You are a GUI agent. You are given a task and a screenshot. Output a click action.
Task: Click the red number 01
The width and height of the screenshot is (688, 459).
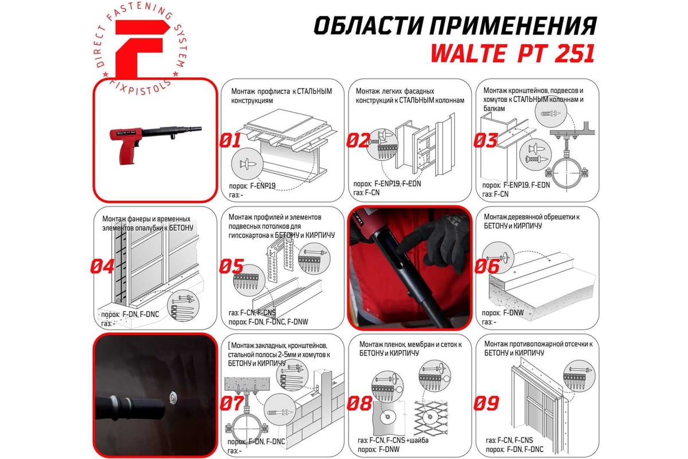(x=230, y=141)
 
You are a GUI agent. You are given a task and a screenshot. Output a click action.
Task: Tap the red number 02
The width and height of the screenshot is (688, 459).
(x=358, y=141)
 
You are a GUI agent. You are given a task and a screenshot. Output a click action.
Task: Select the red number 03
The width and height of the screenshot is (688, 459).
(x=485, y=141)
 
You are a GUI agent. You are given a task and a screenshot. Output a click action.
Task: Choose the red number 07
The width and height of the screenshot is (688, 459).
(x=232, y=403)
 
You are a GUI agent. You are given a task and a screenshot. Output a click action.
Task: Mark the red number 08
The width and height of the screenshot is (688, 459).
(x=359, y=403)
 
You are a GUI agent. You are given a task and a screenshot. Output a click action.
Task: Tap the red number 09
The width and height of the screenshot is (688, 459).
(x=486, y=403)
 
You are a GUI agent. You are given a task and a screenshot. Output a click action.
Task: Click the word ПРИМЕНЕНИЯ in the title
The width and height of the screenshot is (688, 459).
(x=513, y=26)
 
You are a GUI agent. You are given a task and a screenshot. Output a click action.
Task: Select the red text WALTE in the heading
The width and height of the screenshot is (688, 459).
(x=468, y=54)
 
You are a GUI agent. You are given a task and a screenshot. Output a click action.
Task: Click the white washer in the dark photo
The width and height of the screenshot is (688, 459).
(x=174, y=398)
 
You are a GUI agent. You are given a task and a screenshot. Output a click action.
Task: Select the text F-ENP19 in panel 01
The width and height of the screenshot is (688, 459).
(x=263, y=186)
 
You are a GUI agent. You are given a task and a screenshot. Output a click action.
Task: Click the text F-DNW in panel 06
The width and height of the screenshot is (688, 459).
(x=513, y=313)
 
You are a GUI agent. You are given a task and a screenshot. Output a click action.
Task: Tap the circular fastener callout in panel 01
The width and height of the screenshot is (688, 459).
(x=247, y=164)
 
